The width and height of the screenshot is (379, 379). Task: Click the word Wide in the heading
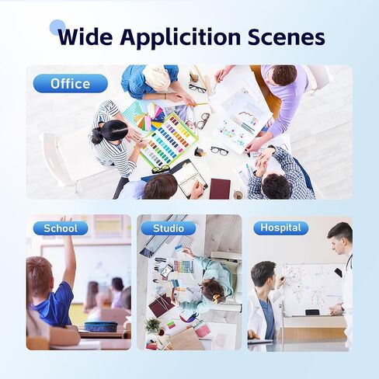85,37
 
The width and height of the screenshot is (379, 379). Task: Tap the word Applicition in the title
180,38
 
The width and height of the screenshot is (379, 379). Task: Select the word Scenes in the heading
287,37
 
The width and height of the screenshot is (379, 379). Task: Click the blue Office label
71,84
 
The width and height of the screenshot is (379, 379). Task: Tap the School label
61,228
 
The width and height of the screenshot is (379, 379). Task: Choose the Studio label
169,228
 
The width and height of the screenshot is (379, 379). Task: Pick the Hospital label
281,228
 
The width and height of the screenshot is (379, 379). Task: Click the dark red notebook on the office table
220,189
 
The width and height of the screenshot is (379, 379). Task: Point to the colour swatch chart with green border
169,140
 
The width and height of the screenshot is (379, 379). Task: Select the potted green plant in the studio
153,325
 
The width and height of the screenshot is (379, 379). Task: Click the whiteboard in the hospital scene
313,290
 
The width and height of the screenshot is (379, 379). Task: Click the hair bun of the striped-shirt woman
96,134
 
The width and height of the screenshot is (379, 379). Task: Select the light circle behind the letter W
57,27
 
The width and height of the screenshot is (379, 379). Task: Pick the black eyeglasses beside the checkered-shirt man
220,151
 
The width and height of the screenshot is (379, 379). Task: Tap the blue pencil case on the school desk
101,326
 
